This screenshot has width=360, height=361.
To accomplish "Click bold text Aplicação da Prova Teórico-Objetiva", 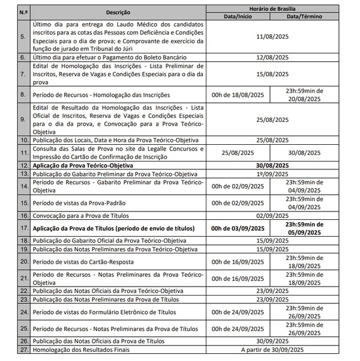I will click(82, 165).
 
